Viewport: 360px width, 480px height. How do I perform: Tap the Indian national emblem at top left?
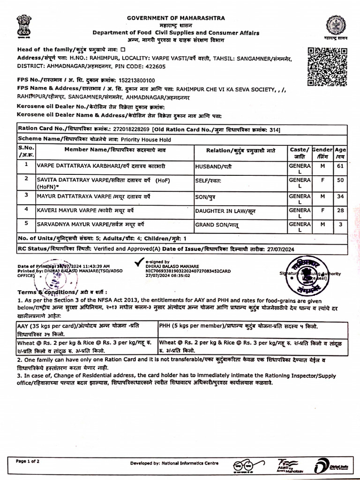tap(22, 26)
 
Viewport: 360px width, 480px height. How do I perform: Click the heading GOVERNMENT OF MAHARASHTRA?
tap(176, 18)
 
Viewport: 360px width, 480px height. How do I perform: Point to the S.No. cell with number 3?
tap(26, 195)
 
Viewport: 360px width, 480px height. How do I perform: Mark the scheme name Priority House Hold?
tap(145, 139)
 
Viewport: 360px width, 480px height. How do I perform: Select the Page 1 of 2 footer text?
tap(28, 461)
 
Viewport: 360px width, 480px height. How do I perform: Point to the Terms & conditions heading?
tap(40, 292)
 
